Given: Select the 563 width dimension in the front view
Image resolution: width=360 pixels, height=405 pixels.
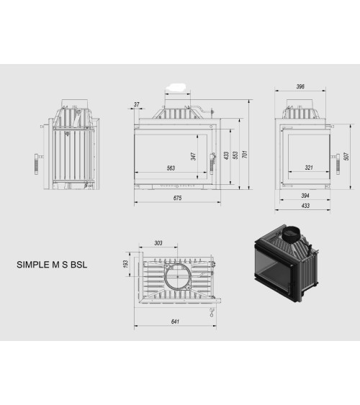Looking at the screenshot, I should tap(171, 168).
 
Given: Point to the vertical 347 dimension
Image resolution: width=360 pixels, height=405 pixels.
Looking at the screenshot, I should tap(194, 155).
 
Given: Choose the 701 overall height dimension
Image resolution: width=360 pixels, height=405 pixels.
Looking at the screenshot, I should tap(245, 153).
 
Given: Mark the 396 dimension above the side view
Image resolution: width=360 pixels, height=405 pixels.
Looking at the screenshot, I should tap(300, 87).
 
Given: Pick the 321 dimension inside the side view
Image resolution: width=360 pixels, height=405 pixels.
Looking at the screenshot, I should tap(308, 168).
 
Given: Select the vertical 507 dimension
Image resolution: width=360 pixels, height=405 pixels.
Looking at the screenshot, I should tap(346, 157).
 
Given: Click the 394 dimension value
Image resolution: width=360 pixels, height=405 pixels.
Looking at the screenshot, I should tap(305, 196).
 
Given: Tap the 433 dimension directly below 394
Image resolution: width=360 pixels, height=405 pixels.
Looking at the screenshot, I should tap(305, 206).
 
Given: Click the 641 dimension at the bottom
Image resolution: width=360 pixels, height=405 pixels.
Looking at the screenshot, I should tap(175, 322).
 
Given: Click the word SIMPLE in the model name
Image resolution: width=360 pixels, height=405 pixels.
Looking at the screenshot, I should tap(31, 265).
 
